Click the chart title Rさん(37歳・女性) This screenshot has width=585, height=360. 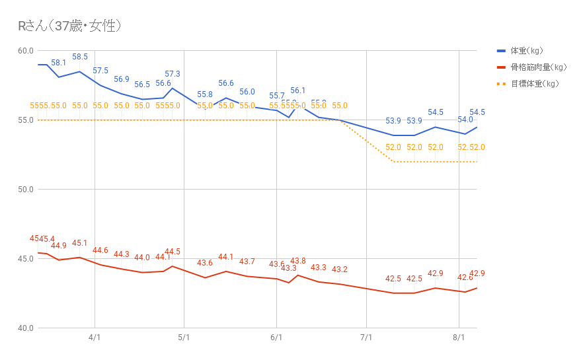[69, 26]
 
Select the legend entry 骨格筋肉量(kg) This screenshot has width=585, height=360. [538, 67]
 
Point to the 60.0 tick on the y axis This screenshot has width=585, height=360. [25, 51]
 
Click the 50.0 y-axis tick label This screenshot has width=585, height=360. [25, 190]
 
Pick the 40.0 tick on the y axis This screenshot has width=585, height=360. [25, 328]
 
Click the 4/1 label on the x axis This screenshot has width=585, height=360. [95, 338]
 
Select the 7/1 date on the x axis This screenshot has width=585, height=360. [366, 338]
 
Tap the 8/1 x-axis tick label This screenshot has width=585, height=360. [459, 338]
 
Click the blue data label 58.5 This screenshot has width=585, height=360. [80, 57]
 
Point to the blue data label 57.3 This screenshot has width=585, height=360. [173, 74]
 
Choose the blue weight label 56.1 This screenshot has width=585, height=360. [298, 91]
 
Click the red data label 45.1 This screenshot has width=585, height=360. [80, 244]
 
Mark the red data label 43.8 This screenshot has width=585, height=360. [298, 262]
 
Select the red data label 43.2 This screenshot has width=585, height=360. [340, 270]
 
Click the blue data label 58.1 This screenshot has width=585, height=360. [59, 63]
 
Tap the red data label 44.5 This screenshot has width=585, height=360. [173, 252]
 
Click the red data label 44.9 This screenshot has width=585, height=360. [59, 246]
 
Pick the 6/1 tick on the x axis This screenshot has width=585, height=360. [276, 338]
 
